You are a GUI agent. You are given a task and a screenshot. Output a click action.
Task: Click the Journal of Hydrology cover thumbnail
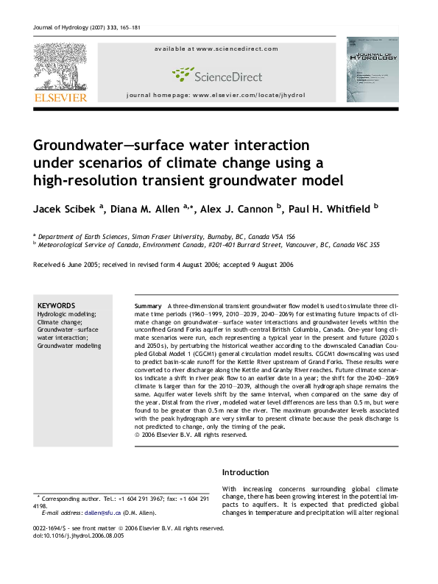pyautogui.click(x=372, y=69)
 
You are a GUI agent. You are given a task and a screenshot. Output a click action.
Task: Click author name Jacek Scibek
pyautogui.click(x=63, y=208)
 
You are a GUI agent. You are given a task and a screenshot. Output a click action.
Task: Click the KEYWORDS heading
pyautogui.click(x=56, y=305)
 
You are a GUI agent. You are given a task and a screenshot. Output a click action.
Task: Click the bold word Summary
pyautogui.click(x=148, y=305)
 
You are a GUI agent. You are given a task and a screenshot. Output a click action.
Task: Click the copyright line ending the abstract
pyautogui.click(x=189, y=435)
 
